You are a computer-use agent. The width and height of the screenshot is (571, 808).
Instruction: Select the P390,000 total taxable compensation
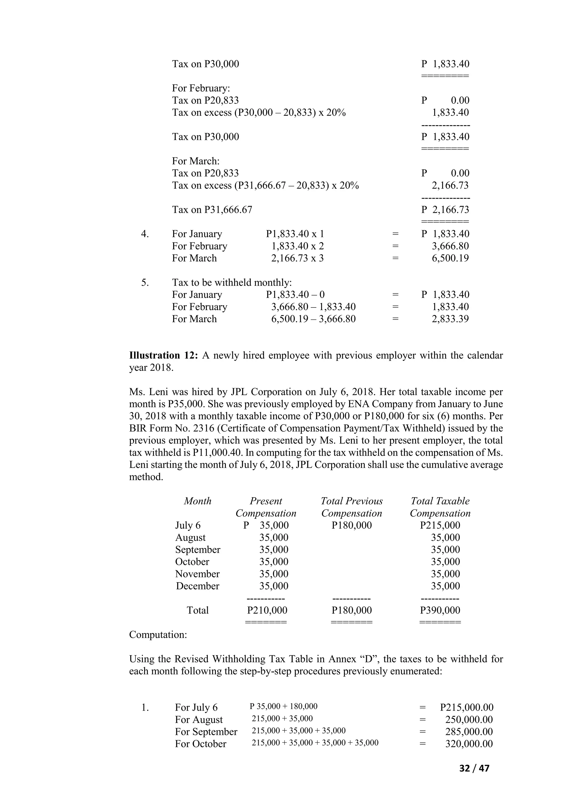point(440,610)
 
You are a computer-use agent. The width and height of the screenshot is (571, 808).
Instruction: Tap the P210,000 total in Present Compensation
point(267,610)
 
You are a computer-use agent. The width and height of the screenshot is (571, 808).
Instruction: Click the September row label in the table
point(198,550)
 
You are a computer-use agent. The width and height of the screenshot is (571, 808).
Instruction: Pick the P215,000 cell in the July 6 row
point(440,525)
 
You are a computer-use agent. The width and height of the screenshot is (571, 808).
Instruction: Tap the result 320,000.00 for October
point(469,744)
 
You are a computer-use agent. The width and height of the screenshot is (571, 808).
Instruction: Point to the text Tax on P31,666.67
point(212,210)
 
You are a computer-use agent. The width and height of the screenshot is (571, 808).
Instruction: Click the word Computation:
point(158,634)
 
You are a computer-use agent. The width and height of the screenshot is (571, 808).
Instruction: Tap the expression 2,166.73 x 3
point(297,258)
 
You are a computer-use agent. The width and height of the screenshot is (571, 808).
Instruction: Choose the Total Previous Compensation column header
point(351,507)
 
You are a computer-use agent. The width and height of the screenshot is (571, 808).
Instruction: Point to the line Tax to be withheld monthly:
point(232,283)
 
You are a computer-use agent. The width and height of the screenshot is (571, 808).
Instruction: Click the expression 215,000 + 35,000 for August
point(282,719)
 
